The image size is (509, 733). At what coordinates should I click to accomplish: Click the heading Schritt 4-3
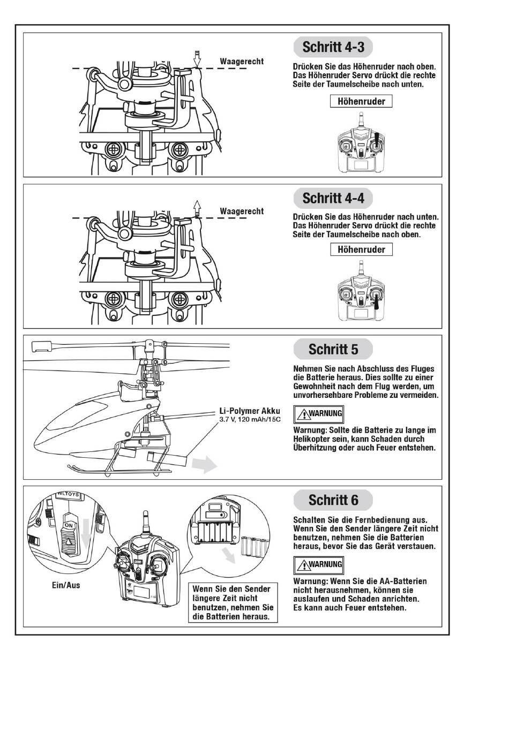tap(333, 47)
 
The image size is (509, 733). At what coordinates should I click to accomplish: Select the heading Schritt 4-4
tap(333, 198)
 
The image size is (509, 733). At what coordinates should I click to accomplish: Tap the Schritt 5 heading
tap(333, 350)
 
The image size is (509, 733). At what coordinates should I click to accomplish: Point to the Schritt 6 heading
tap(333, 501)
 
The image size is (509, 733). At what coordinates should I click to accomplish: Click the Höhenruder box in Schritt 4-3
tap(361, 101)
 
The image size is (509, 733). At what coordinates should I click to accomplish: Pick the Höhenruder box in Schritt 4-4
tap(361, 250)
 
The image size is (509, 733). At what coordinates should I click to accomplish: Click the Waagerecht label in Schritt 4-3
tap(242, 62)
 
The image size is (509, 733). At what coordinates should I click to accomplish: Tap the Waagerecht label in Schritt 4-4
tap(242, 211)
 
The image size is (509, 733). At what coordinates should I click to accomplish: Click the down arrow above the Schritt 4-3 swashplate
tap(197, 59)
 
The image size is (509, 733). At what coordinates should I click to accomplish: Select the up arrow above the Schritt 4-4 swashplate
tap(197, 207)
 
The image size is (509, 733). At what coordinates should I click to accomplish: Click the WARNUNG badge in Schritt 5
tap(319, 413)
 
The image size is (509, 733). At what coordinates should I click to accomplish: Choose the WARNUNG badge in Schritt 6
tap(319, 564)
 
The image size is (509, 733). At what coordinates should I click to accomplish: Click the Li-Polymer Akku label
tap(250, 411)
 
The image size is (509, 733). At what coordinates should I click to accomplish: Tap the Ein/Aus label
tap(66, 585)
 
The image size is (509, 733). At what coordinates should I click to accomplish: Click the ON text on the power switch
tap(69, 526)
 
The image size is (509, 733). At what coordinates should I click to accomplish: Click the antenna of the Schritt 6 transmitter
tap(145, 523)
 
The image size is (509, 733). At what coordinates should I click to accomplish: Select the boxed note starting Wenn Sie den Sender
tap(233, 603)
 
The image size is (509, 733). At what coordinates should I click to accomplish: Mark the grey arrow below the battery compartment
tap(230, 556)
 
